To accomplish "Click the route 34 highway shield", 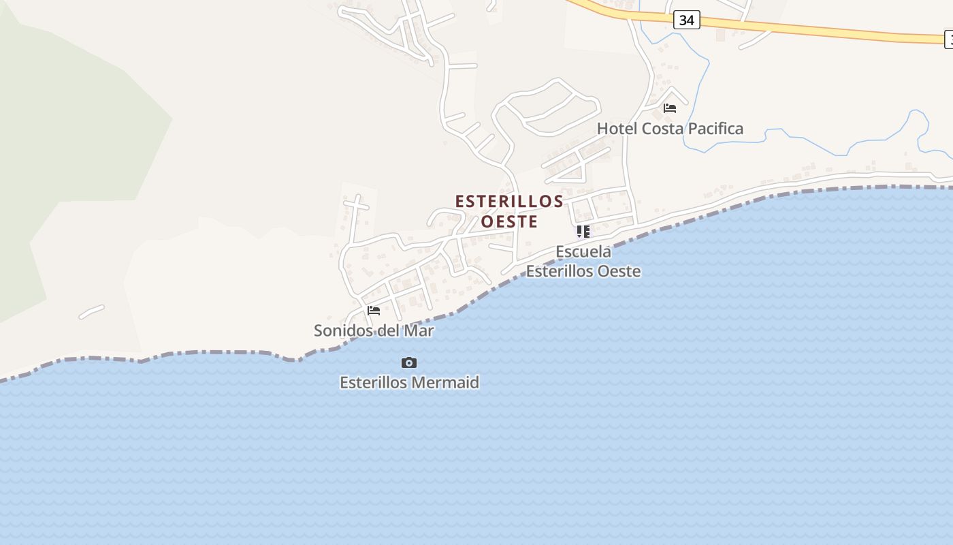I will tap(686, 20).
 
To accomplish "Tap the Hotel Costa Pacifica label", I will tap(670, 129).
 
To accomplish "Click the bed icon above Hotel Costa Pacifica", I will tap(670, 108).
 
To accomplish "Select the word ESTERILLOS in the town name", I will tap(509, 202).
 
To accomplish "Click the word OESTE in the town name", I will tap(509, 222).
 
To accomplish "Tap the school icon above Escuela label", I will tap(583, 232).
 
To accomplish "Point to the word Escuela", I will tap(583, 252).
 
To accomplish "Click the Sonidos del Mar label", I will tap(374, 331).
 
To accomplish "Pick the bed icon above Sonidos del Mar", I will tap(374, 311).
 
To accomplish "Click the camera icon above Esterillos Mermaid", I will tap(409, 362).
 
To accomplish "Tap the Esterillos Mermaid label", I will tap(409, 383).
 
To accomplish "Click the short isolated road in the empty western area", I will tap(91, 312).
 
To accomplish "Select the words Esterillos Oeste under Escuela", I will tap(583, 271).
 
